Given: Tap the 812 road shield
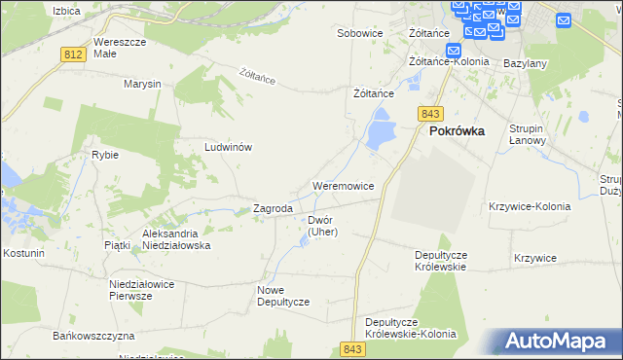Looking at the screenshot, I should click(71, 55).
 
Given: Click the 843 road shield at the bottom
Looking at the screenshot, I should click(352, 348).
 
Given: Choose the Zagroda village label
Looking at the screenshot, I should click(273, 208).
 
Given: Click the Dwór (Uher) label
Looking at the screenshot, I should click(322, 226).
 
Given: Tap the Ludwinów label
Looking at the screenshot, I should click(229, 147).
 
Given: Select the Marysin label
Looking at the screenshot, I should click(142, 84).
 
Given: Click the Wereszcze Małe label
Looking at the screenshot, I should click(119, 48).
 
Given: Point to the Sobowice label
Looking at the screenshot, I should click(359, 33).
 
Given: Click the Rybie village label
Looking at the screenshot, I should click(105, 155).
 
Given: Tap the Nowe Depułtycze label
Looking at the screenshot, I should click(283, 296).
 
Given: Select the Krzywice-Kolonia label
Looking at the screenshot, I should click(526, 206).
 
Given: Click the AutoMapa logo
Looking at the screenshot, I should click(560, 341).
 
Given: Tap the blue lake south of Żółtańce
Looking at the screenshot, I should click(378, 129).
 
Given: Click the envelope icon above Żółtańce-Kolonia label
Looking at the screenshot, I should click(453, 51).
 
